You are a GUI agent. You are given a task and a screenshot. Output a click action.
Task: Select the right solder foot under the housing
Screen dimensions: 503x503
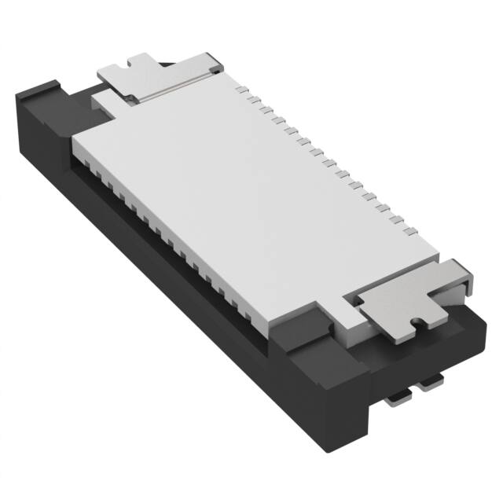431,384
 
